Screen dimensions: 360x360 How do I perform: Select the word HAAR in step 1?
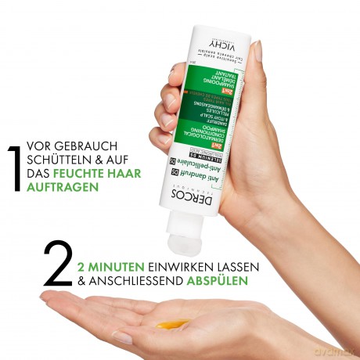pyautogui.click(x=125, y=175)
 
